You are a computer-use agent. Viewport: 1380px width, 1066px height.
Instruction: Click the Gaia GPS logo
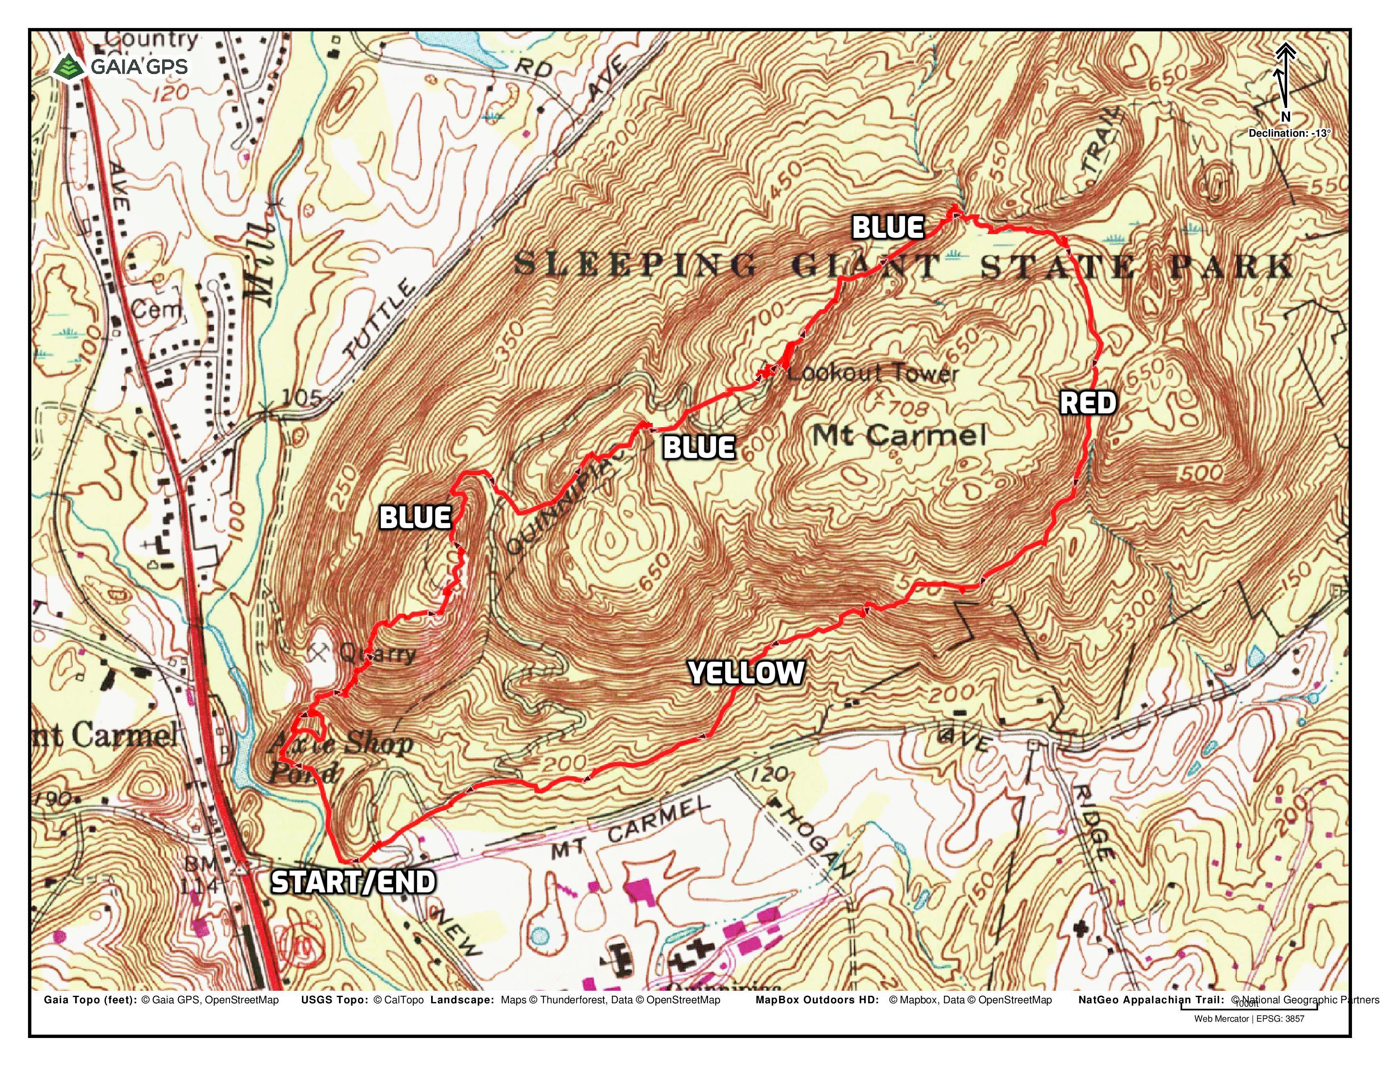click(x=120, y=66)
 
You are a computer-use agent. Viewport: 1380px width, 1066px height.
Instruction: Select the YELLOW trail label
click(x=746, y=673)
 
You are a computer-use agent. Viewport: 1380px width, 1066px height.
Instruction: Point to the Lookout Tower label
click(x=872, y=372)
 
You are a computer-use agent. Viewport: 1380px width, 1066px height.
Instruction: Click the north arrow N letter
click(x=1285, y=117)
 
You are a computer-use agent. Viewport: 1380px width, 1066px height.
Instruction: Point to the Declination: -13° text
click(x=1289, y=133)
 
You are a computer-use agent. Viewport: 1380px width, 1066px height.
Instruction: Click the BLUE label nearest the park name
click(x=888, y=227)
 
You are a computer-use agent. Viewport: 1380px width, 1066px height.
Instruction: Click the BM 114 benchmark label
click(x=199, y=875)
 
